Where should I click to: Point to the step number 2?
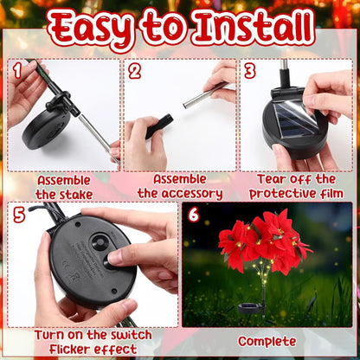click(135, 70)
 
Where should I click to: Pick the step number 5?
click(19, 215)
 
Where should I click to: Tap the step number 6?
click(191, 215)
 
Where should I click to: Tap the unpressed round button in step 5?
click(100, 243)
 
